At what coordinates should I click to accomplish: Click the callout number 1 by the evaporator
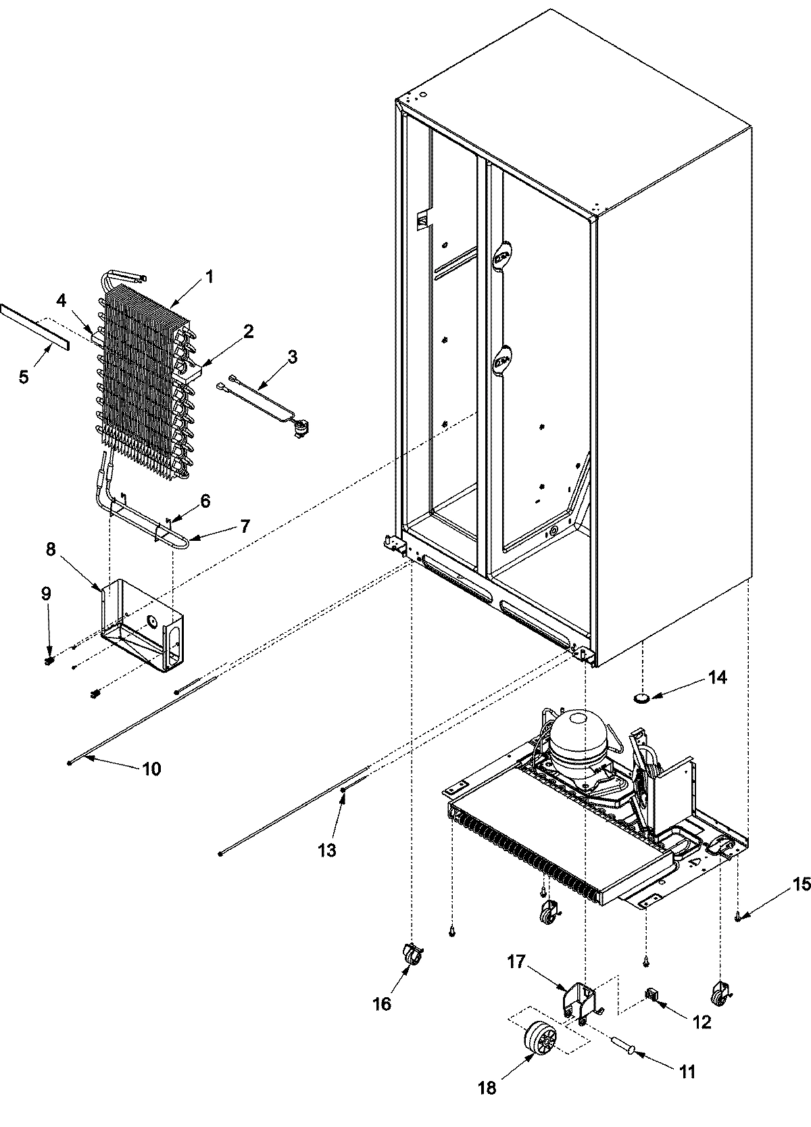click(210, 277)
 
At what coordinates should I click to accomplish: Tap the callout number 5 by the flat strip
click(24, 376)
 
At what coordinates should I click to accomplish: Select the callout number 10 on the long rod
click(151, 769)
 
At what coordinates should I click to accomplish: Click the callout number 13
click(327, 850)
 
